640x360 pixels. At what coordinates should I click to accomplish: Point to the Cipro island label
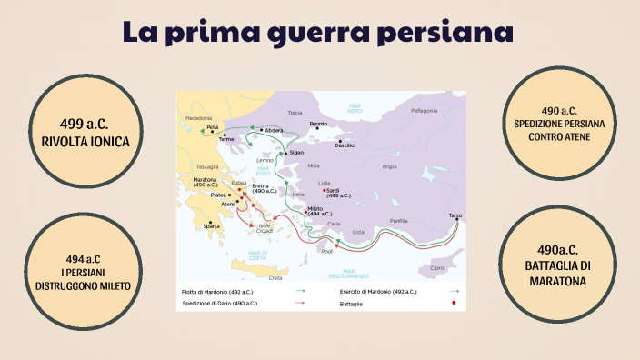tap(437, 268)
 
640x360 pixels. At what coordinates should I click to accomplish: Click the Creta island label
tap(276, 278)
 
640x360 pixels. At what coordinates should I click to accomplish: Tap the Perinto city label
tap(318, 124)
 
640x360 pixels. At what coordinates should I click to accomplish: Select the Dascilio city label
tap(345, 145)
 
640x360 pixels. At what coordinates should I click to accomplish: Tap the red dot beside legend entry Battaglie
tap(453, 303)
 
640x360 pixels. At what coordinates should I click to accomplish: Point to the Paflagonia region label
tap(424, 111)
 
